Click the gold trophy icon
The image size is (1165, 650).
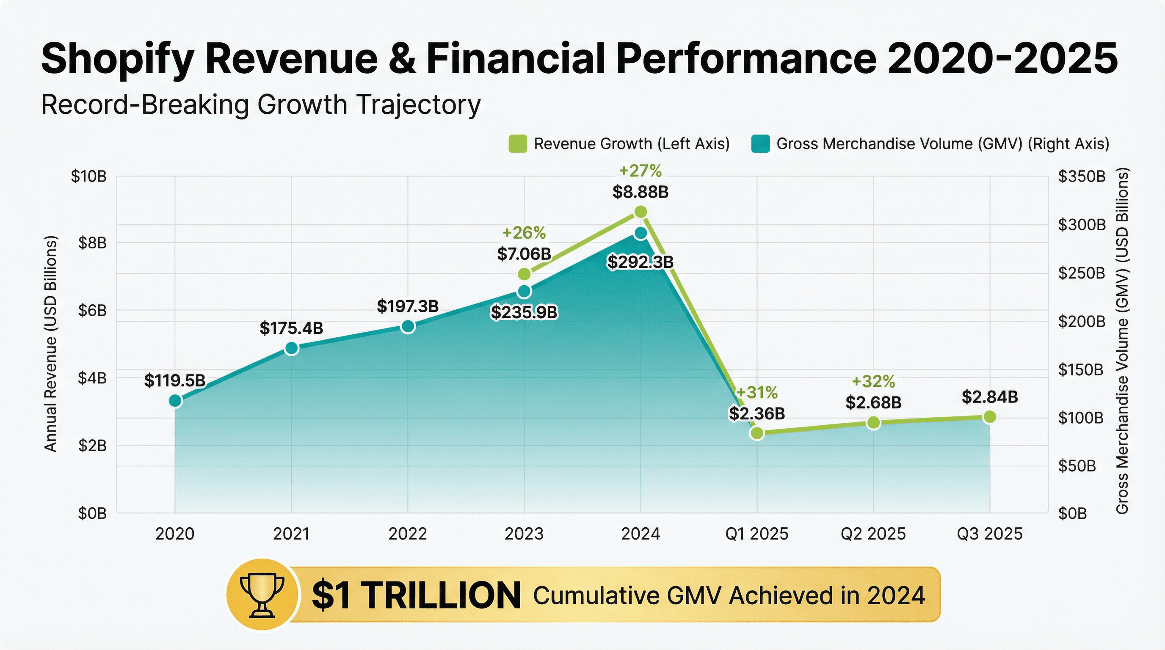262,595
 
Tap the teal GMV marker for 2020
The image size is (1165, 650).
176,400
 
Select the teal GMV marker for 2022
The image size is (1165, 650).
408,326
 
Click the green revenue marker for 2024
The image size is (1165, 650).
640,212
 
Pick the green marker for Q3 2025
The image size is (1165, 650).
989,416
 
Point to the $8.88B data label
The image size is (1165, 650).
640,192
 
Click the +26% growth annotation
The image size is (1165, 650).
524,233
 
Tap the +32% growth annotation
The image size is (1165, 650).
873,382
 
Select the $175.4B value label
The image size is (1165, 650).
291,328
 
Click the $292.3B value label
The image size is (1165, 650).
640,262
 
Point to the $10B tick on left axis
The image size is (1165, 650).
88,176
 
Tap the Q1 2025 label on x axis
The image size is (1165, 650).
756,534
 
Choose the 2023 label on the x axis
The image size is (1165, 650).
524,534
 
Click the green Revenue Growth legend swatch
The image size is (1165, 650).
517,144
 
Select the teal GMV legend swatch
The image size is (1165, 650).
760,144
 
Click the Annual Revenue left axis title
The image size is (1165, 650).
51,344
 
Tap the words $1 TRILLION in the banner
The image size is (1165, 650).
416,595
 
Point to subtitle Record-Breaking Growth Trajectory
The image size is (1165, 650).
260,105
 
